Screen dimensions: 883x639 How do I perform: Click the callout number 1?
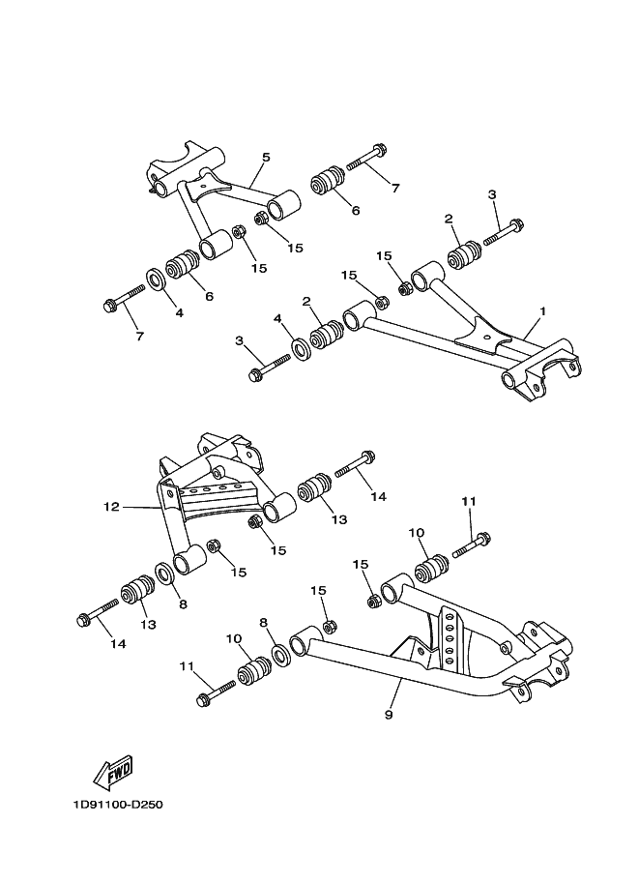542,311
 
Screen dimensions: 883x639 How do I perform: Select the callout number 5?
266,157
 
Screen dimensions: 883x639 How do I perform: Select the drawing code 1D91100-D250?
115,804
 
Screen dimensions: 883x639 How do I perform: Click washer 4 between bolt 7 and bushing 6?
155,280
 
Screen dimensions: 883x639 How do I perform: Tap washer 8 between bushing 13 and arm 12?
163,575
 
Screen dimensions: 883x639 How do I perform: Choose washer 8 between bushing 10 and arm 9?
281,655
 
